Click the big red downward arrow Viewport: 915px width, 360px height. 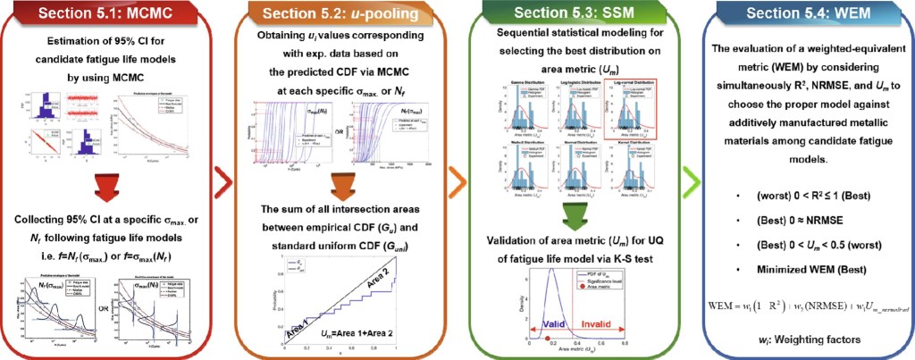113,185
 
